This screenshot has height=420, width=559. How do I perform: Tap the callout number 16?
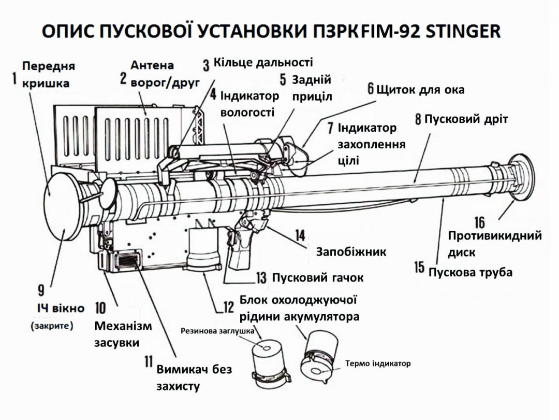click(479, 222)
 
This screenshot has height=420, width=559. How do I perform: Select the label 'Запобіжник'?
click(351, 252)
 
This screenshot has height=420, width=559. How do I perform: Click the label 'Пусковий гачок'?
click(318, 278)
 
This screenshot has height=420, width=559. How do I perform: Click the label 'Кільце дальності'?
click(263, 63)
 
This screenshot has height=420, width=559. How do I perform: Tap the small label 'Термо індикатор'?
click(378, 363)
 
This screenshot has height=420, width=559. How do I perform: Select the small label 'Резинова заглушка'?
click(217, 330)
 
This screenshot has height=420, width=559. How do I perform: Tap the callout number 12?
click(228, 307)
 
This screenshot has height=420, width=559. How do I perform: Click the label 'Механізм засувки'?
click(123, 334)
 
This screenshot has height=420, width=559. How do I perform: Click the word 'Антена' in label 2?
click(152, 66)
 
